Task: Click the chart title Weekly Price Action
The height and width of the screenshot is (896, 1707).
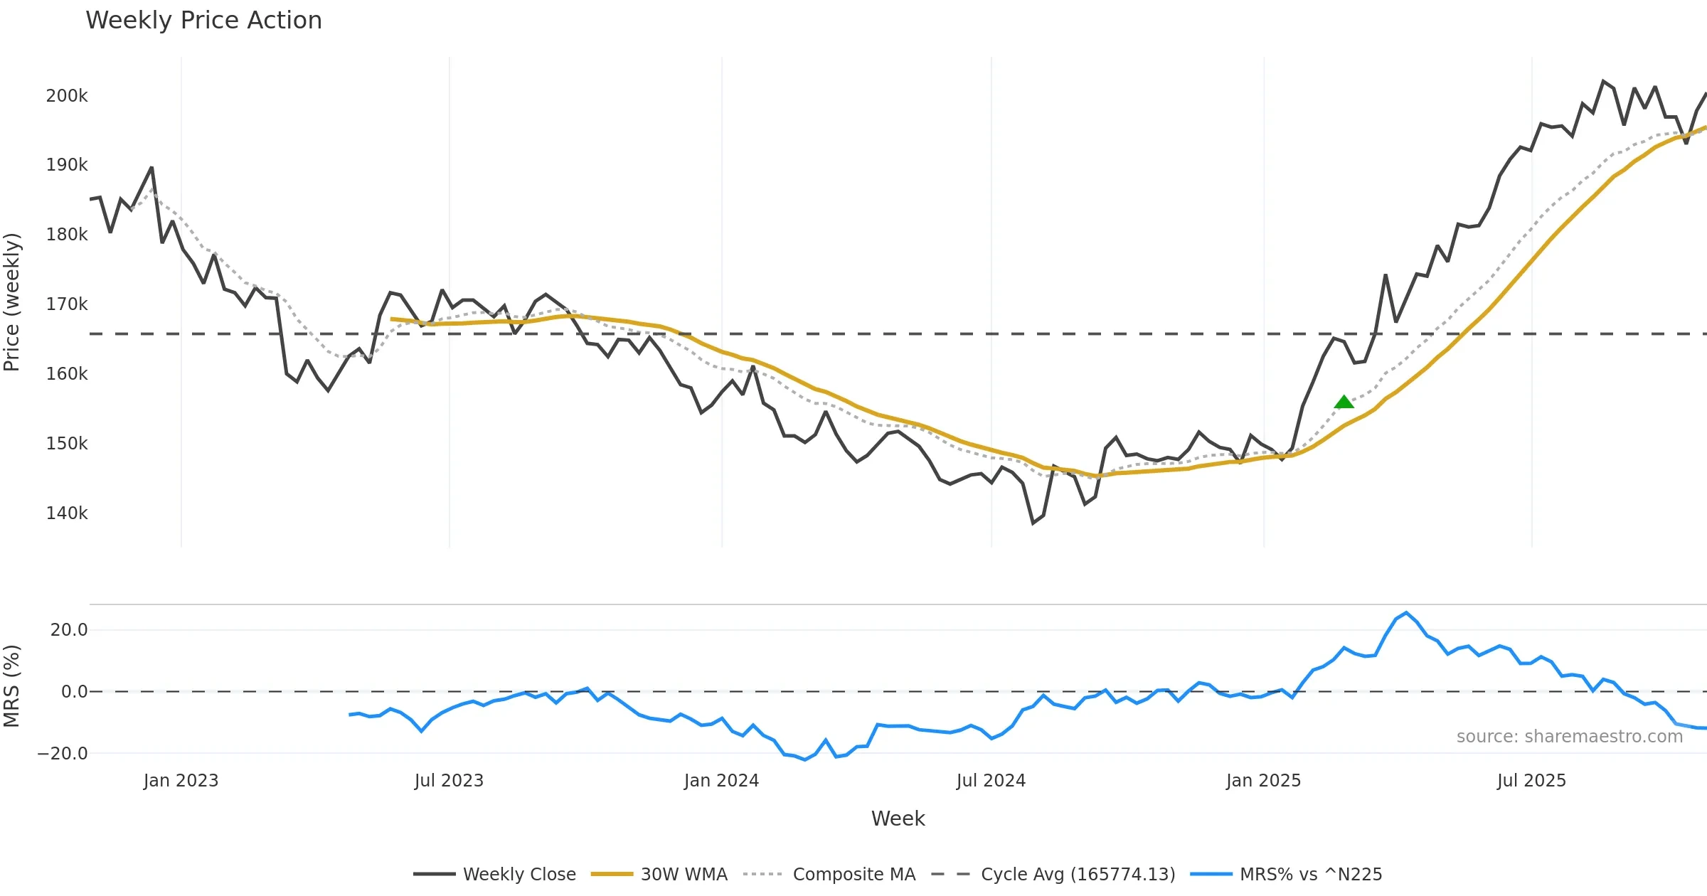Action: tap(203, 21)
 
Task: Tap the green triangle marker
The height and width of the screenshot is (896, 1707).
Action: tap(1344, 402)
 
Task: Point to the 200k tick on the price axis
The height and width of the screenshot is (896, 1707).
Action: tap(67, 96)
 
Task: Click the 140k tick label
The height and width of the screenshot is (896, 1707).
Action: tap(67, 513)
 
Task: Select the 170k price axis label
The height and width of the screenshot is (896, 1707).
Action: tap(67, 304)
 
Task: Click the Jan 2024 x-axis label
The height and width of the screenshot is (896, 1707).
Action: tap(721, 781)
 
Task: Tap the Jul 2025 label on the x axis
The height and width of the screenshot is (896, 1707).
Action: tap(1531, 781)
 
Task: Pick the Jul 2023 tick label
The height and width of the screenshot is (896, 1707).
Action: tap(449, 781)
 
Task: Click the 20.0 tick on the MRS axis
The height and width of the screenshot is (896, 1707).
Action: tap(69, 630)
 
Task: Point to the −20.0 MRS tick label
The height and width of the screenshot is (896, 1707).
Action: tap(63, 754)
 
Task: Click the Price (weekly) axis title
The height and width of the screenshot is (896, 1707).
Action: tap(12, 302)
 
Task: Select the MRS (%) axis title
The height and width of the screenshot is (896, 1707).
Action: tap(12, 686)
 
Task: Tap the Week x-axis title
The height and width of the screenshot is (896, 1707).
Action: tap(898, 819)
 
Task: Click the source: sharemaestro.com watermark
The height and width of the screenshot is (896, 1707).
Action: tap(1569, 737)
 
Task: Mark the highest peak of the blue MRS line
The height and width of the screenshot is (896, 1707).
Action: tap(1406, 613)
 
